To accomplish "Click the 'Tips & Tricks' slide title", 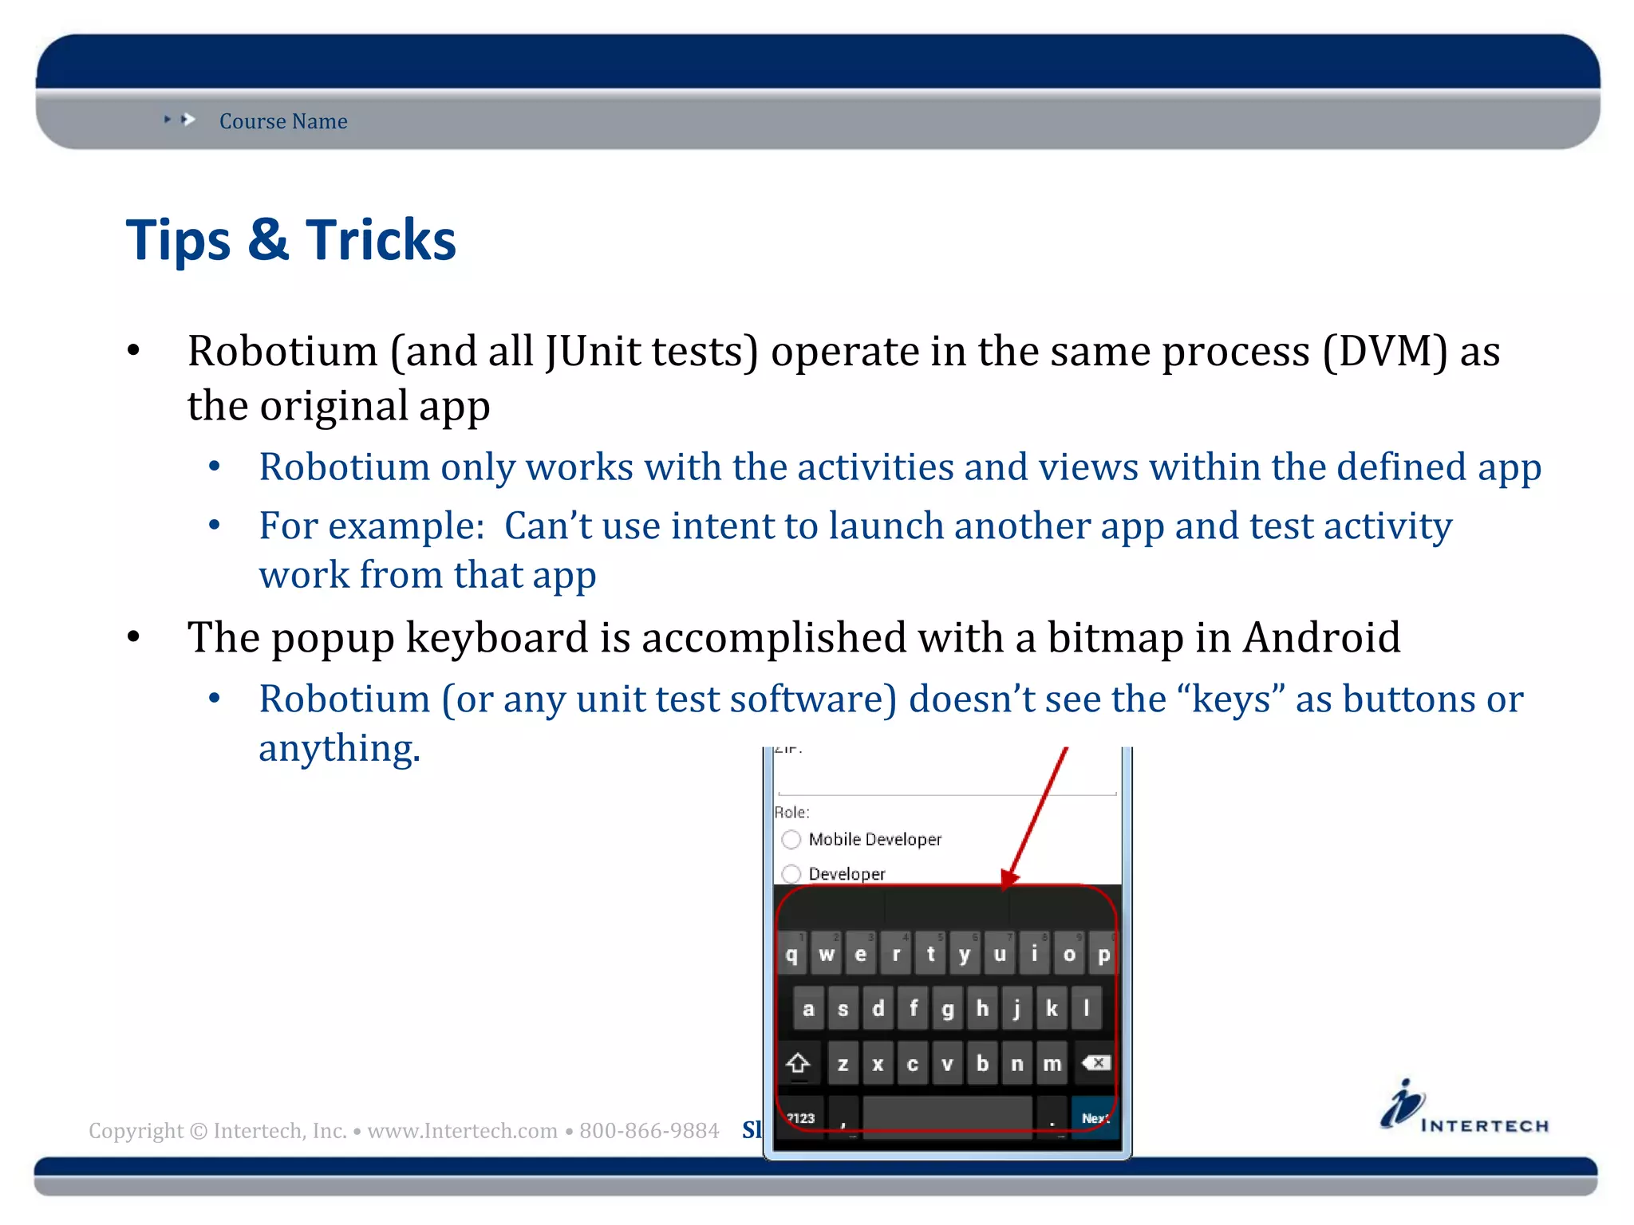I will pos(290,240).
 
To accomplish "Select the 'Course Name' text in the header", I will pos(283,121).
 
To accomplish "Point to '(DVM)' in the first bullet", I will pos(1384,352).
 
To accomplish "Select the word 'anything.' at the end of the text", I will pos(339,749).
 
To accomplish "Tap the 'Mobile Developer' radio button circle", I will pos(791,839).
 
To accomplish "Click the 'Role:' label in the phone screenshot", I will pos(791,812).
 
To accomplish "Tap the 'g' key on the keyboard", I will pos(947,1009).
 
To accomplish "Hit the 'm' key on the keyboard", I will pos(1052,1064).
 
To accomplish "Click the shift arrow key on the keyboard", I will pos(798,1064).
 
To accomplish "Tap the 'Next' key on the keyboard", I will pos(1095,1118).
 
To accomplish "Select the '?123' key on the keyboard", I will pos(800,1118).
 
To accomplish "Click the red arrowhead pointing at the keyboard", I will pos(1010,878).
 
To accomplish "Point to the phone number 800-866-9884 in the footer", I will pos(649,1131).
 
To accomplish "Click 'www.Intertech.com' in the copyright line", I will pos(462,1131).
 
